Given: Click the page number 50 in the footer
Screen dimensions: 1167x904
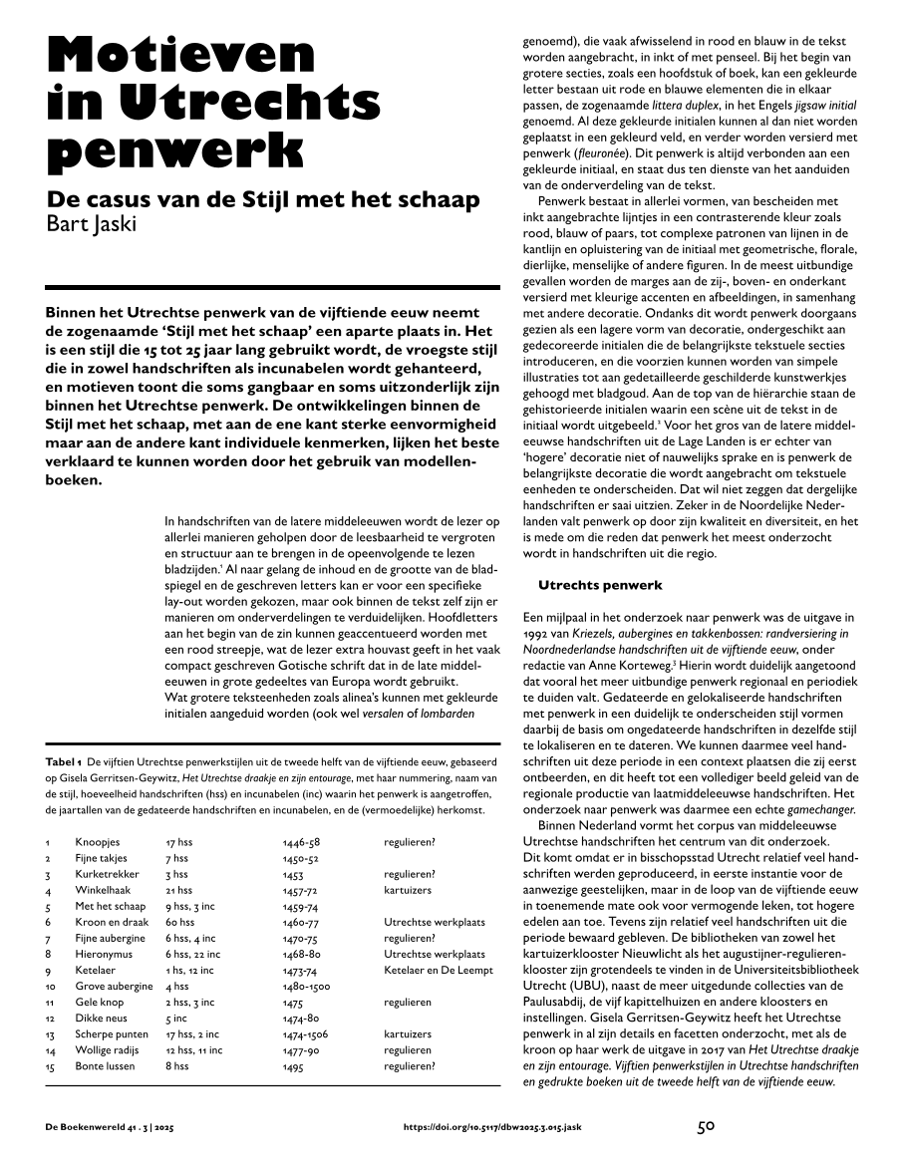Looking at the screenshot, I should click(x=706, y=1127).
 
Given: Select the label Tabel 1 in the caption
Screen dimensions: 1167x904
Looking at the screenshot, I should click(x=65, y=762).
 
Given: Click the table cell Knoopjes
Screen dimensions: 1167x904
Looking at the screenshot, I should click(x=97, y=842).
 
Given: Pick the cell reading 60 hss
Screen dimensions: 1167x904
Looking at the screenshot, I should click(x=179, y=923).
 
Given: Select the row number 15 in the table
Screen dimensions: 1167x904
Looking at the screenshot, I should click(x=50, y=1066).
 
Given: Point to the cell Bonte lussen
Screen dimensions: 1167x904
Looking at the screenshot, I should click(x=105, y=1066).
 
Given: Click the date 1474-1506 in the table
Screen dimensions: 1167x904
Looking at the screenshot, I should click(x=305, y=1034).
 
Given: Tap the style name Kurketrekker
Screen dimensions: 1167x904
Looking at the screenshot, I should click(x=106, y=874).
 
